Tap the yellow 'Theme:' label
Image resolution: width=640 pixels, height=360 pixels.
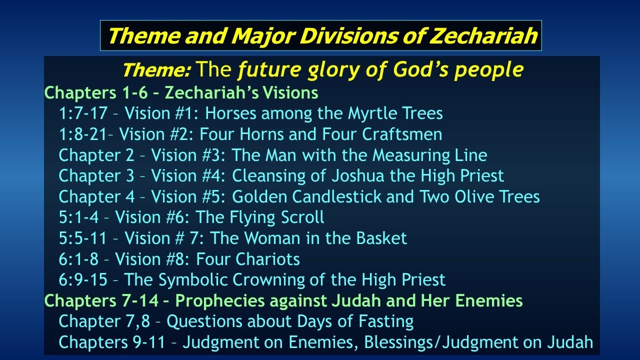tap(156, 71)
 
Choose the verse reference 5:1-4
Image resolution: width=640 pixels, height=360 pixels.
tap(82, 217)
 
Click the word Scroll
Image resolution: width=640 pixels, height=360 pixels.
tap(301, 217)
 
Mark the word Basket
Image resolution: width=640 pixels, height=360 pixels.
tap(381, 238)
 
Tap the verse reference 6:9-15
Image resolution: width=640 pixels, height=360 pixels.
tap(83, 280)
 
